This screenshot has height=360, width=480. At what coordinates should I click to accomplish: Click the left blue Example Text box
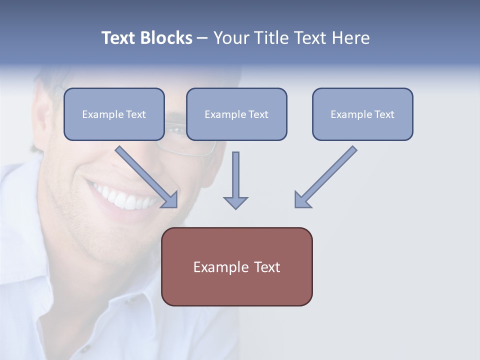[x=114, y=114]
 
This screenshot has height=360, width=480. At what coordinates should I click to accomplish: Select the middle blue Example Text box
[x=236, y=114]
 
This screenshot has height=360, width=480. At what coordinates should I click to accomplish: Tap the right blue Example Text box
[x=362, y=114]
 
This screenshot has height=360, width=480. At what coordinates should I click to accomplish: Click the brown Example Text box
[x=236, y=266]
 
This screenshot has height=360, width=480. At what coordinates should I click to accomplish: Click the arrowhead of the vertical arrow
[x=235, y=202]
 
